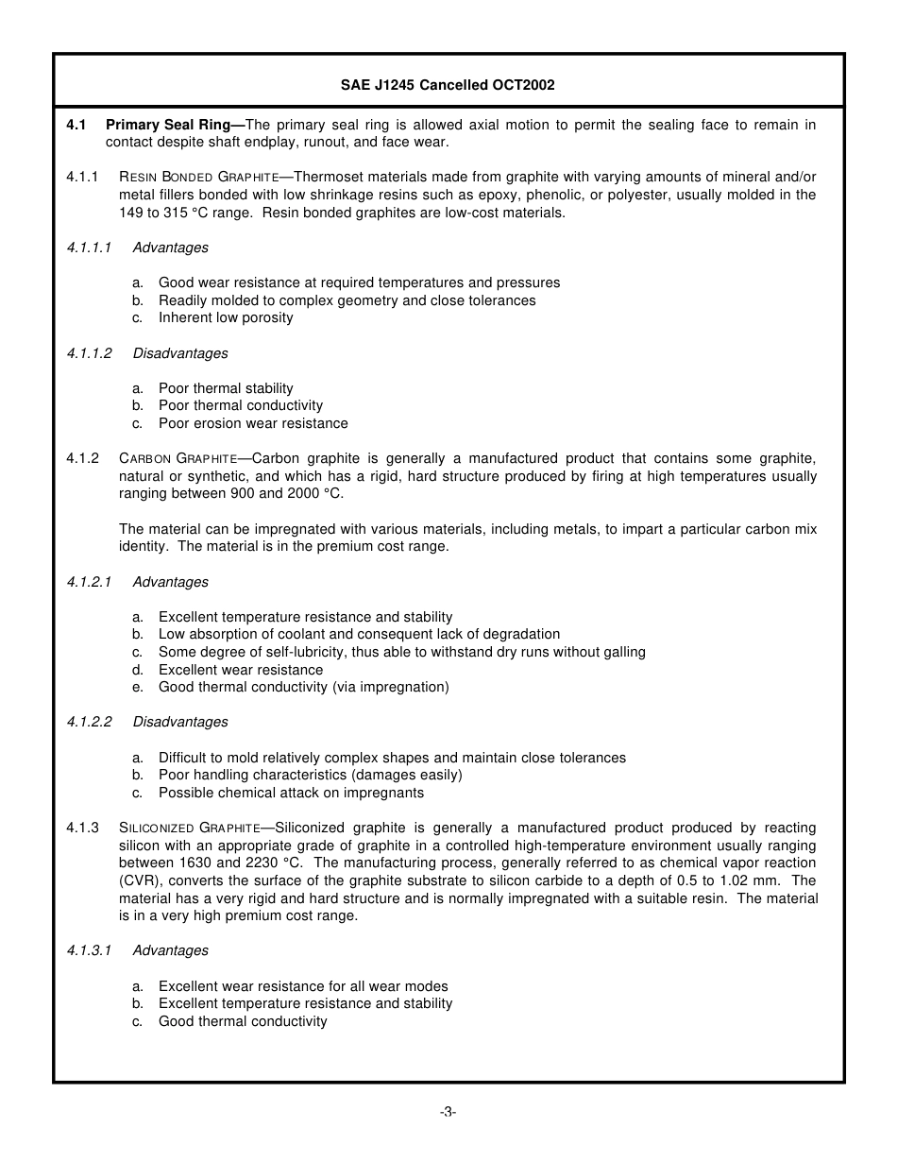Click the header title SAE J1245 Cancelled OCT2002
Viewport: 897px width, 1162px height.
[x=448, y=85]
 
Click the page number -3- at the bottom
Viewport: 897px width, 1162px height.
[x=448, y=1112]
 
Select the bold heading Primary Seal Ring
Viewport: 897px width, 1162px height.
[x=175, y=125]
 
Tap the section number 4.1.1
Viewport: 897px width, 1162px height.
[x=83, y=177]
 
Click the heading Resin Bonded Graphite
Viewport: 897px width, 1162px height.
[x=199, y=177]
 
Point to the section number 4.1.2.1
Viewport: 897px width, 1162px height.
[x=89, y=582]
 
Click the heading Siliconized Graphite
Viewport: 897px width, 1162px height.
[x=190, y=828]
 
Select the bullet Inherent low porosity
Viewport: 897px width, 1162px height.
[x=226, y=317]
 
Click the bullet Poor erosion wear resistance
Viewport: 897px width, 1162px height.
[x=253, y=423]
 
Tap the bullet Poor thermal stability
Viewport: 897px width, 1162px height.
[x=226, y=388]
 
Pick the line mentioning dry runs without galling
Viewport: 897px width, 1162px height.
[x=401, y=652]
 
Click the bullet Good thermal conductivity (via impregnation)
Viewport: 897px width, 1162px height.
[x=303, y=687]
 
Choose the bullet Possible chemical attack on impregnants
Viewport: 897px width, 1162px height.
[x=291, y=793]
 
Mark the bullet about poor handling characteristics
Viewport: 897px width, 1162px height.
[x=310, y=775]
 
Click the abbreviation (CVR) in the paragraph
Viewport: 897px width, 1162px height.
[x=138, y=880]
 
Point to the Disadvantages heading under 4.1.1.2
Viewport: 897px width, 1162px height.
[x=180, y=353]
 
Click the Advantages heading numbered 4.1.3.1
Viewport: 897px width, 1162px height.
[x=171, y=950]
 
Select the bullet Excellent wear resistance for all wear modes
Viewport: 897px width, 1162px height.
[x=303, y=986]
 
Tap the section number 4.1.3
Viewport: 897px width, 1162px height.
[x=83, y=828]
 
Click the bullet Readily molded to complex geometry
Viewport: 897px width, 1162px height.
[x=347, y=300]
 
